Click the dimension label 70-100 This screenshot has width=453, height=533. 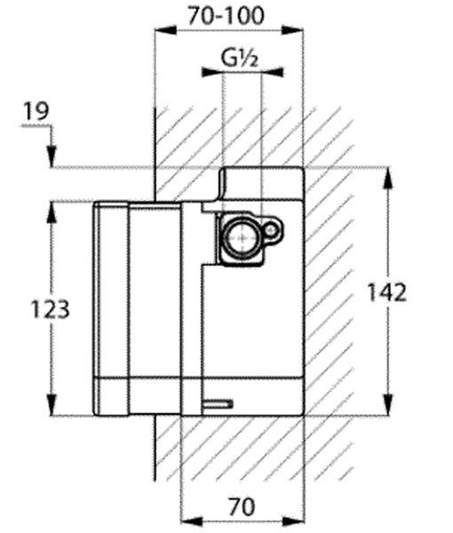click(x=226, y=16)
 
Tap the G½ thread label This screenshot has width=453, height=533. click(x=240, y=58)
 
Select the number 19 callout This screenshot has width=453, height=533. click(x=36, y=111)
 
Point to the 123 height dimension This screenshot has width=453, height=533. click(x=51, y=309)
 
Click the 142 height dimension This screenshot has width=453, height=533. click(x=387, y=292)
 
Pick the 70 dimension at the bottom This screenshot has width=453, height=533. click(x=242, y=507)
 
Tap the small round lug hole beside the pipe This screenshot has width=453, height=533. click(x=272, y=231)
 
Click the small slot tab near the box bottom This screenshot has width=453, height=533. click(x=218, y=404)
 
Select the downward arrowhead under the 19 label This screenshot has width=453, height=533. click(x=52, y=156)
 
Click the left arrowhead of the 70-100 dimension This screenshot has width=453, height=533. click(x=165, y=30)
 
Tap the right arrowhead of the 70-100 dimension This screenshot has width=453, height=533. click(x=292, y=30)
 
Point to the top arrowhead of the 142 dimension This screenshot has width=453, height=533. click(x=388, y=178)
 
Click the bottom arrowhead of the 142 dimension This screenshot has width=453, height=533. click(x=388, y=404)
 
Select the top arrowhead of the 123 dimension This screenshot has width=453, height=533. click(x=52, y=212)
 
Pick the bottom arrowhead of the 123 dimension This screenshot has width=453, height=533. click(x=52, y=404)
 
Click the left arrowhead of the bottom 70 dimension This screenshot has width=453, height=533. click(x=191, y=521)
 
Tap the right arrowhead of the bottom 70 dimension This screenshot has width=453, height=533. click(x=292, y=521)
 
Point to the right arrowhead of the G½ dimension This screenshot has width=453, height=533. click(x=273, y=72)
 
